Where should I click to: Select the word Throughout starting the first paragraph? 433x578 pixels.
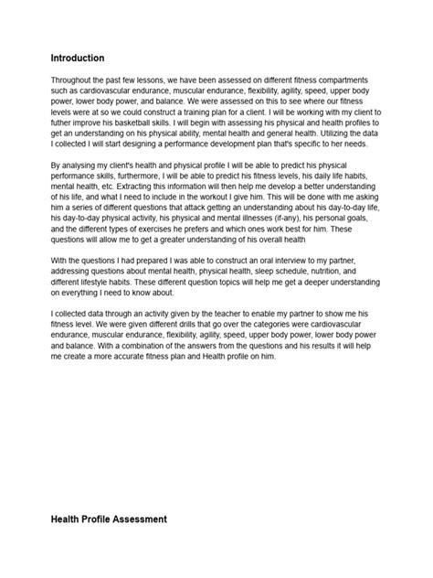(x=75, y=81)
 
